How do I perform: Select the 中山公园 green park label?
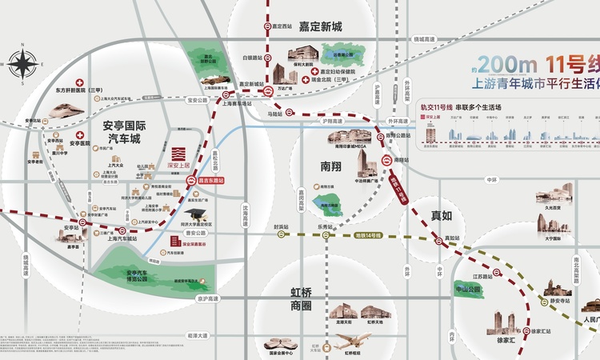(x=468, y=289)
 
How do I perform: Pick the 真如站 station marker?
(x=438, y=241)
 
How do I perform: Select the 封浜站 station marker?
(x=281, y=236)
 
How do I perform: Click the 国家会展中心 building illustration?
(x=281, y=345)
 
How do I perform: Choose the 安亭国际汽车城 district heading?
(x=124, y=132)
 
